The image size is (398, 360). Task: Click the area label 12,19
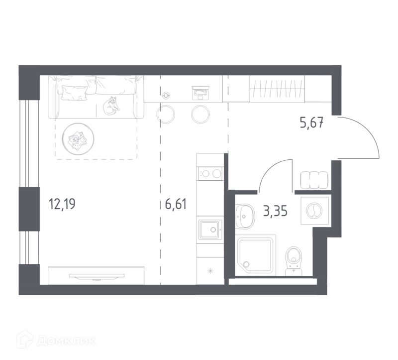(62, 204)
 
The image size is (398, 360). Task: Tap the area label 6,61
(176, 204)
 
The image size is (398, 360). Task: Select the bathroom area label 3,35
(276, 211)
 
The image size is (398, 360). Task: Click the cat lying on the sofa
(111, 106)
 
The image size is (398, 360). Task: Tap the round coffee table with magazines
(78, 139)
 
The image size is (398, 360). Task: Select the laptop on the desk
(200, 93)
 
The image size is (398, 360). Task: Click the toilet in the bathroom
(294, 261)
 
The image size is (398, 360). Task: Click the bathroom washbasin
(245, 216)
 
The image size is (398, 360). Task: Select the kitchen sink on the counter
(209, 230)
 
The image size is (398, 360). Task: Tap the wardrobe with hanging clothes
(277, 89)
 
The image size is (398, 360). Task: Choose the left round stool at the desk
(166, 115)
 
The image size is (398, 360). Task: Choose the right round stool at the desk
(200, 115)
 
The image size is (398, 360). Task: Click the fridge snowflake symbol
(210, 271)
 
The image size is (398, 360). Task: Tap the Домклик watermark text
(66, 341)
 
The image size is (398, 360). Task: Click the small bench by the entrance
(314, 180)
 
